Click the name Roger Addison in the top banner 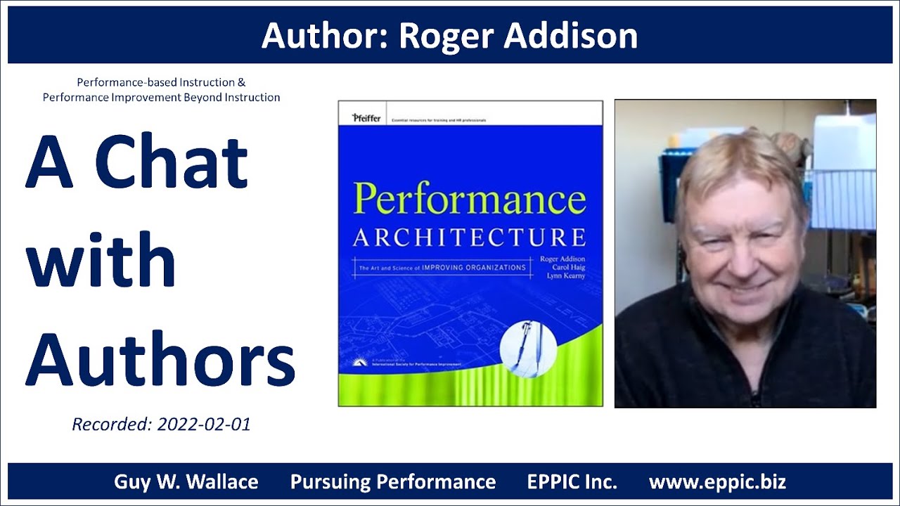[518, 36]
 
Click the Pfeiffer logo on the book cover [366, 118]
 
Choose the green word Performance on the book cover [469, 199]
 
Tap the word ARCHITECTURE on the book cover [469, 238]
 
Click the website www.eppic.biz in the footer [717, 482]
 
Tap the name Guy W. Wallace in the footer [186, 482]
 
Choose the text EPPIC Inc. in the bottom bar [572, 482]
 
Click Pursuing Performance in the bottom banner [393, 482]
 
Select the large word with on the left [101, 261]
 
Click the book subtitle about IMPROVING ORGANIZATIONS [442, 268]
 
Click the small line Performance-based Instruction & [161, 82]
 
